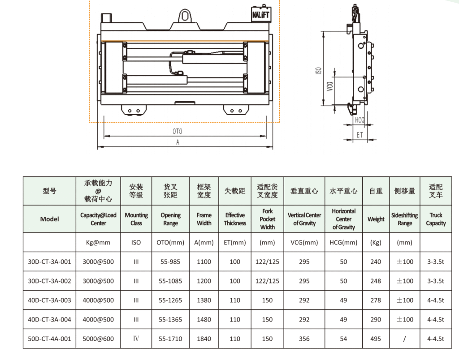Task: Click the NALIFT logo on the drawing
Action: [260, 14]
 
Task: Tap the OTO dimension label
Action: [178, 131]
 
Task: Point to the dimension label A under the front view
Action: [178, 142]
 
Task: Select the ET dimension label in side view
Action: [359, 135]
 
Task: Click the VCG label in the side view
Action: [330, 86]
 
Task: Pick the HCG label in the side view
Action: [359, 120]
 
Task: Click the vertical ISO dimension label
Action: [319, 70]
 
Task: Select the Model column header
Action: [49, 219]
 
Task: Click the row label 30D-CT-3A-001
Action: [49, 261]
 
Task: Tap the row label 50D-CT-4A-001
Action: [49, 339]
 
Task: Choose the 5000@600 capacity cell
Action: [98, 339]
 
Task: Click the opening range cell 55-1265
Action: [170, 300]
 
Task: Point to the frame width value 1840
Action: [204, 339]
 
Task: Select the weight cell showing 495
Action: [376, 339]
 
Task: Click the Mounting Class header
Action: [136, 219]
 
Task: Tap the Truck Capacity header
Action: [436, 219]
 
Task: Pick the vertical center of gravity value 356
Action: [304, 339]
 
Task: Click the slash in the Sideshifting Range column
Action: [404, 339]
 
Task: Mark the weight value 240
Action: [376, 261]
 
